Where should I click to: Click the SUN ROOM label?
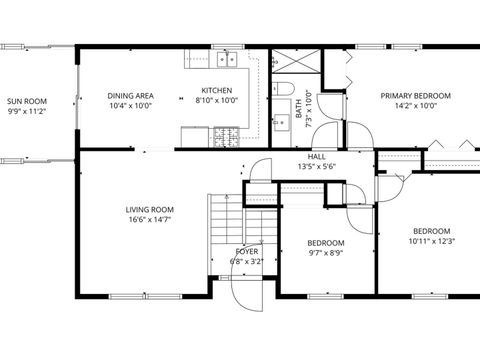point(27,101)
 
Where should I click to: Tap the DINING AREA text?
point(130,96)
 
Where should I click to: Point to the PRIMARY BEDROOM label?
point(415,96)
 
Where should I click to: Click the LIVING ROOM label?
point(150,210)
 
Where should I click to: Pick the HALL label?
point(317,157)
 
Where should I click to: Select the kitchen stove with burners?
point(225,134)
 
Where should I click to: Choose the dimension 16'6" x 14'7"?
point(150,221)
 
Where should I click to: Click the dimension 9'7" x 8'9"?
point(326,254)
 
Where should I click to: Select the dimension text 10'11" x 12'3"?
point(432,241)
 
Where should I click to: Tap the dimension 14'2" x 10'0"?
point(415,107)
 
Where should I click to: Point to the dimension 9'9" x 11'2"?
point(27,112)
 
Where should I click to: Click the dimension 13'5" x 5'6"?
point(317,167)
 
